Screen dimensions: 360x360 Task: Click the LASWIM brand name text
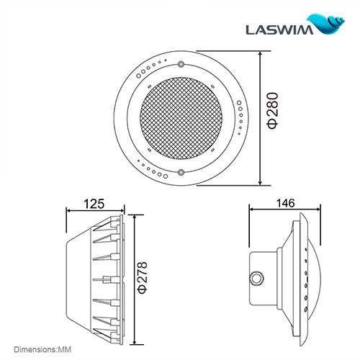pyautogui.click(x=282, y=30)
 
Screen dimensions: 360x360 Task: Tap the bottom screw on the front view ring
pyautogui.click(x=181, y=172)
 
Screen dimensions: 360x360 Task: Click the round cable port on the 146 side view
pyautogui.click(x=255, y=277)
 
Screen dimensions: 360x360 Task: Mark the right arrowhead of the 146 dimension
pyautogui.click(x=316, y=210)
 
